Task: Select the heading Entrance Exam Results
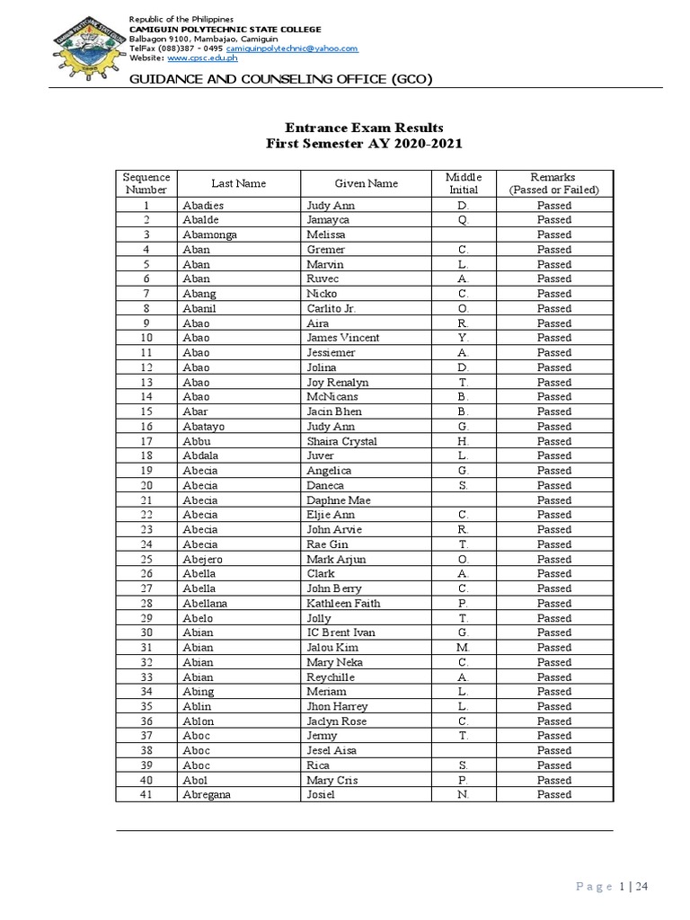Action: click(365, 128)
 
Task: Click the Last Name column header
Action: click(238, 183)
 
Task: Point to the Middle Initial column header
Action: click(464, 183)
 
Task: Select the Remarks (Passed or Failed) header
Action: click(553, 183)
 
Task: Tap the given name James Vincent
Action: click(342, 338)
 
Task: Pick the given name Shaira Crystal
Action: click(341, 441)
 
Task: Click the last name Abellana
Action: click(205, 603)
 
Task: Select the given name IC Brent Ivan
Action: click(341, 632)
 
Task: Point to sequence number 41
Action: click(146, 794)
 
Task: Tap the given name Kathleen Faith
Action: click(344, 603)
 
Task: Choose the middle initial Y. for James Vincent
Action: click(464, 338)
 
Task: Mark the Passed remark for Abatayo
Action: click(553, 426)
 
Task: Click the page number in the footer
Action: click(623, 887)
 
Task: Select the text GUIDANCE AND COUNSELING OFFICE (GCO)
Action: click(281, 79)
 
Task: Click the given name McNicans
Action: click(332, 396)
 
